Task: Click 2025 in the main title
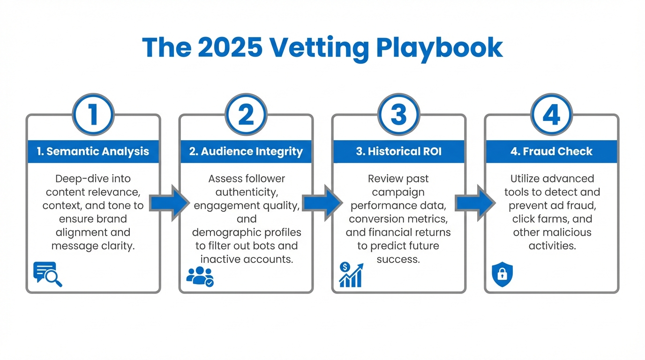click(229, 47)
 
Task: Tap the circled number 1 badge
click(93, 115)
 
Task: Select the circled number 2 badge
click(246, 115)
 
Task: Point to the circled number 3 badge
click(399, 115)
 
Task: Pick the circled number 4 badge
click(551, 115)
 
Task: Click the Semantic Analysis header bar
click(93, 151)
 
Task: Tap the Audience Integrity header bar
click(246, 151)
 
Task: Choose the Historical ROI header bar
click(399, 151)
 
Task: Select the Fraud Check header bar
click(551, 151)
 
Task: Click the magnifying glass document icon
click(47, 274)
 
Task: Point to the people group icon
click(200, 276)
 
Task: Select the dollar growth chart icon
click(351, 275)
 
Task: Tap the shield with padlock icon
click(502, 275)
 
